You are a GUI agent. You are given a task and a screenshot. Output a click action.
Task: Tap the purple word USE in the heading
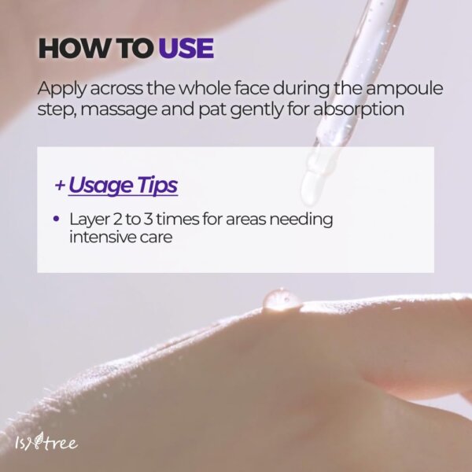(186, 48)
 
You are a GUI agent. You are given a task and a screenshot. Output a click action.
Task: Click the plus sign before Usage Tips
(60, 186)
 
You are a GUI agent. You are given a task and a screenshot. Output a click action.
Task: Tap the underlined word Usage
(100, 186)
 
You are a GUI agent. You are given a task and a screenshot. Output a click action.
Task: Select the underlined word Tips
(157, 186)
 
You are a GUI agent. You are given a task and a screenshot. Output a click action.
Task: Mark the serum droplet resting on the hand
(282, 298)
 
